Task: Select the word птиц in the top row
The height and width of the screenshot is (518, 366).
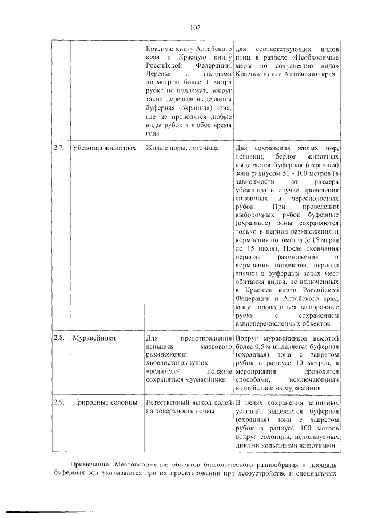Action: [244, 58]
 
